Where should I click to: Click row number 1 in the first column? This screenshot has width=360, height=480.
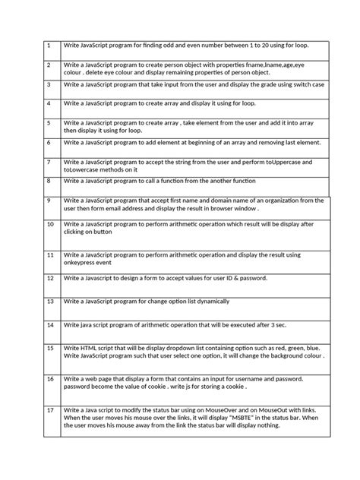[x=49, y=46]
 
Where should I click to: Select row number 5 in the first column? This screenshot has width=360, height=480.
[x=49, y=122]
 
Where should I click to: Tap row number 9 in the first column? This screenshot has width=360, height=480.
[x=49, y=200]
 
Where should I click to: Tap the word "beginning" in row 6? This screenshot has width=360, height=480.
[x=201, y=142]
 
